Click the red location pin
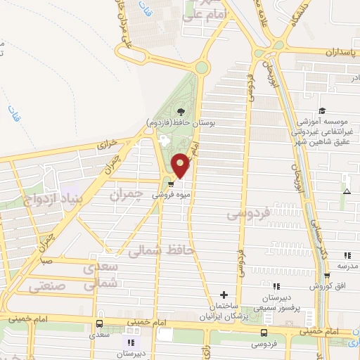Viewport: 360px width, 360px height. click(x=181, y=165)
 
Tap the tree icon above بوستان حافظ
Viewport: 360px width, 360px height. click(x=182, y=111)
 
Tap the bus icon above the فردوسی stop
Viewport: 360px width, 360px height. click(x=264, y=333)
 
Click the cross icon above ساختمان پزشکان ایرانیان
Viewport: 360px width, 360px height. click(x=224, y=295)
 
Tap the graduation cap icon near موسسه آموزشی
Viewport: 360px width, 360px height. click(x=322, y=110)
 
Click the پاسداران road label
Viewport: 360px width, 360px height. click(x=342, y=52)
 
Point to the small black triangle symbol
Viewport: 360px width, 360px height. click(x=346, y=191)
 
